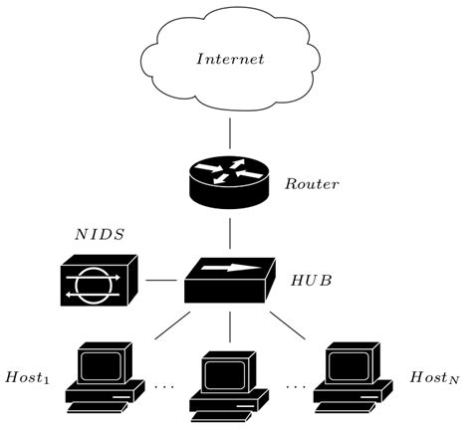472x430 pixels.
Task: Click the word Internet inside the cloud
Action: pos(230,60)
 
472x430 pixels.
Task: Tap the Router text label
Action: pos(313,184)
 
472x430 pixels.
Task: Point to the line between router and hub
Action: pos(230,234)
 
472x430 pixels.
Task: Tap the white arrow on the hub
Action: pos(229,267)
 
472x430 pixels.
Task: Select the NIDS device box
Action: pos(98,281)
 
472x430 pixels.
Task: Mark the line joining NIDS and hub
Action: pos(160,281)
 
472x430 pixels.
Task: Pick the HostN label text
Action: pos(433,378)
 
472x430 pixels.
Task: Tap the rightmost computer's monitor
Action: pos(352,364)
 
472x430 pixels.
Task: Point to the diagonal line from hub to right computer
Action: pos(290,322)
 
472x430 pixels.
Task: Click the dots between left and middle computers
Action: pos(164,384)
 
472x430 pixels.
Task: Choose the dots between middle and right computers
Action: pos(296,384)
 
